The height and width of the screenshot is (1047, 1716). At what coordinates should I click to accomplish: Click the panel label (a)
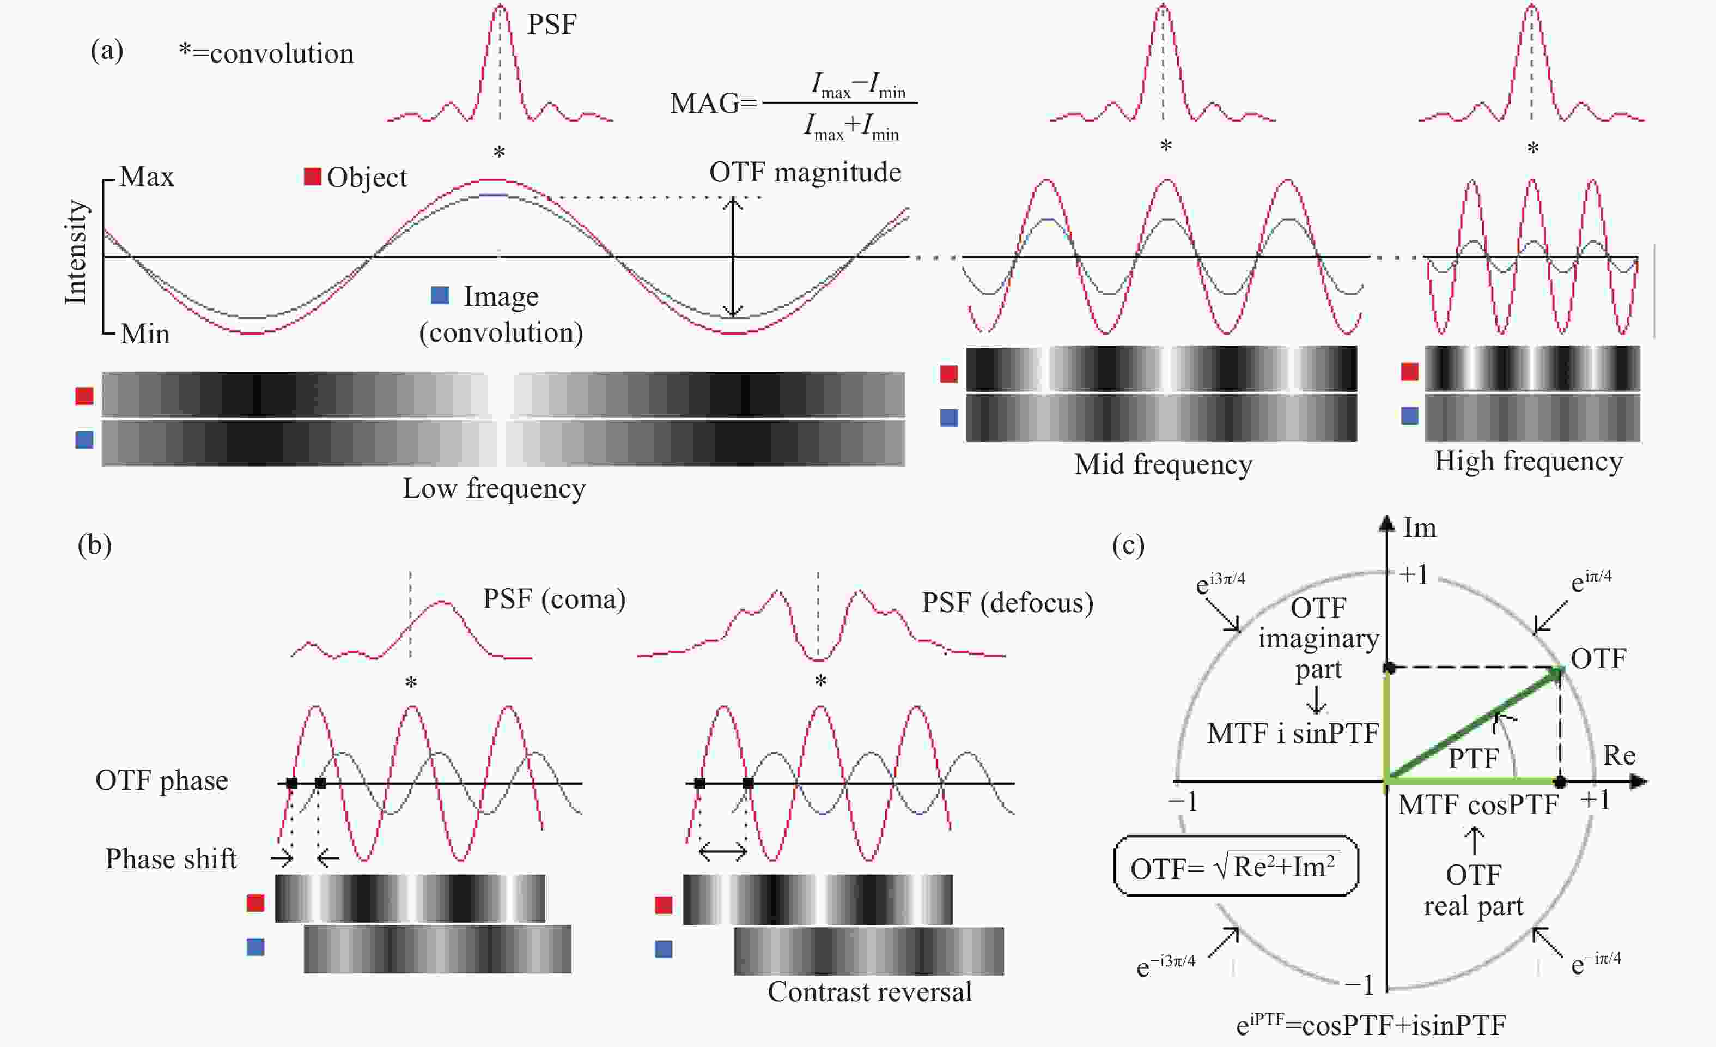[x=107, y=50]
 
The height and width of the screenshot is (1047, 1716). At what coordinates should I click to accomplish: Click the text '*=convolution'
[x=266, y=53]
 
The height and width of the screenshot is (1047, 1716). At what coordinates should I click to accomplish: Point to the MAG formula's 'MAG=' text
[x=714, y=103]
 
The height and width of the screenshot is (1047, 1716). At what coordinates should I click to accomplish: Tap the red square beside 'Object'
[x=312, y=177]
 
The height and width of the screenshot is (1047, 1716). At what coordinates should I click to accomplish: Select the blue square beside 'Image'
[x=440, y=295]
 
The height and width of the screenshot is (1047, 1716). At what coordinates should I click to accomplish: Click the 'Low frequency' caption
[x=495, y=488]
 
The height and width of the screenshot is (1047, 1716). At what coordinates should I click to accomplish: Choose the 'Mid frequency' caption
[x=1163, y=464]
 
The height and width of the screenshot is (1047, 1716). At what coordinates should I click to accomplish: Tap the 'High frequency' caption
[x=1528, y=461]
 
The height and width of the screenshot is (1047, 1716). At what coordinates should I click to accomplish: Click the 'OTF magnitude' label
[x=805, y=172]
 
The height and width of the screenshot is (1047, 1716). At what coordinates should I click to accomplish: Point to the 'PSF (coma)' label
[x=555, y=599]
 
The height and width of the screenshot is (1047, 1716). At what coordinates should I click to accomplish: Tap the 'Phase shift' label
[x=171, y=858]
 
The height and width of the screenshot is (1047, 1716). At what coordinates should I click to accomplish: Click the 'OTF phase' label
[x=162, y=780]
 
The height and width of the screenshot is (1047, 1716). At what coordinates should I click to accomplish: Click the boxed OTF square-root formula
[x=1236, y=866]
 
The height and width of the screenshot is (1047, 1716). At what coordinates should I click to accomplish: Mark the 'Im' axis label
[x=1419, y=528]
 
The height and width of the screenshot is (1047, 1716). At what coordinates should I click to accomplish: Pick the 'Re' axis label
[x=1619, y=755]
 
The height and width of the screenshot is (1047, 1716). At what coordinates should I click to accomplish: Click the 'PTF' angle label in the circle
[x=1473, y=759]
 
